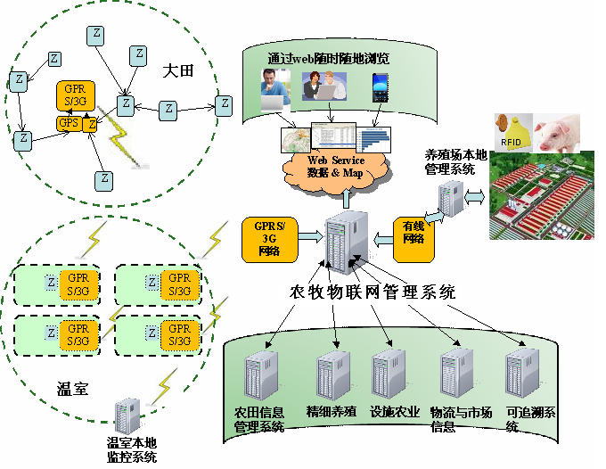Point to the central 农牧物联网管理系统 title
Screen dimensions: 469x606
pos(373,292)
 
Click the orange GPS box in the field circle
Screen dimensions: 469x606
pos(68,123)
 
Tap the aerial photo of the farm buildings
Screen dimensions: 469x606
pos(540,202)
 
